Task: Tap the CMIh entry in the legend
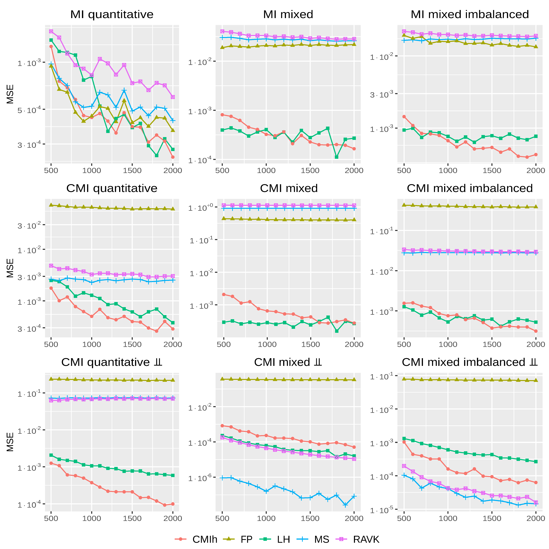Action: point(205,539)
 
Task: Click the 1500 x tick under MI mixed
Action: point(310,171)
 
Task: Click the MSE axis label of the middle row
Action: point(10,268)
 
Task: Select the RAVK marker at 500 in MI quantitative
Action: point(51,31)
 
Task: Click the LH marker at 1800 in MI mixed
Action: point(337,157)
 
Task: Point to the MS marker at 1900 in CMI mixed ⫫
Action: point(345,505)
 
